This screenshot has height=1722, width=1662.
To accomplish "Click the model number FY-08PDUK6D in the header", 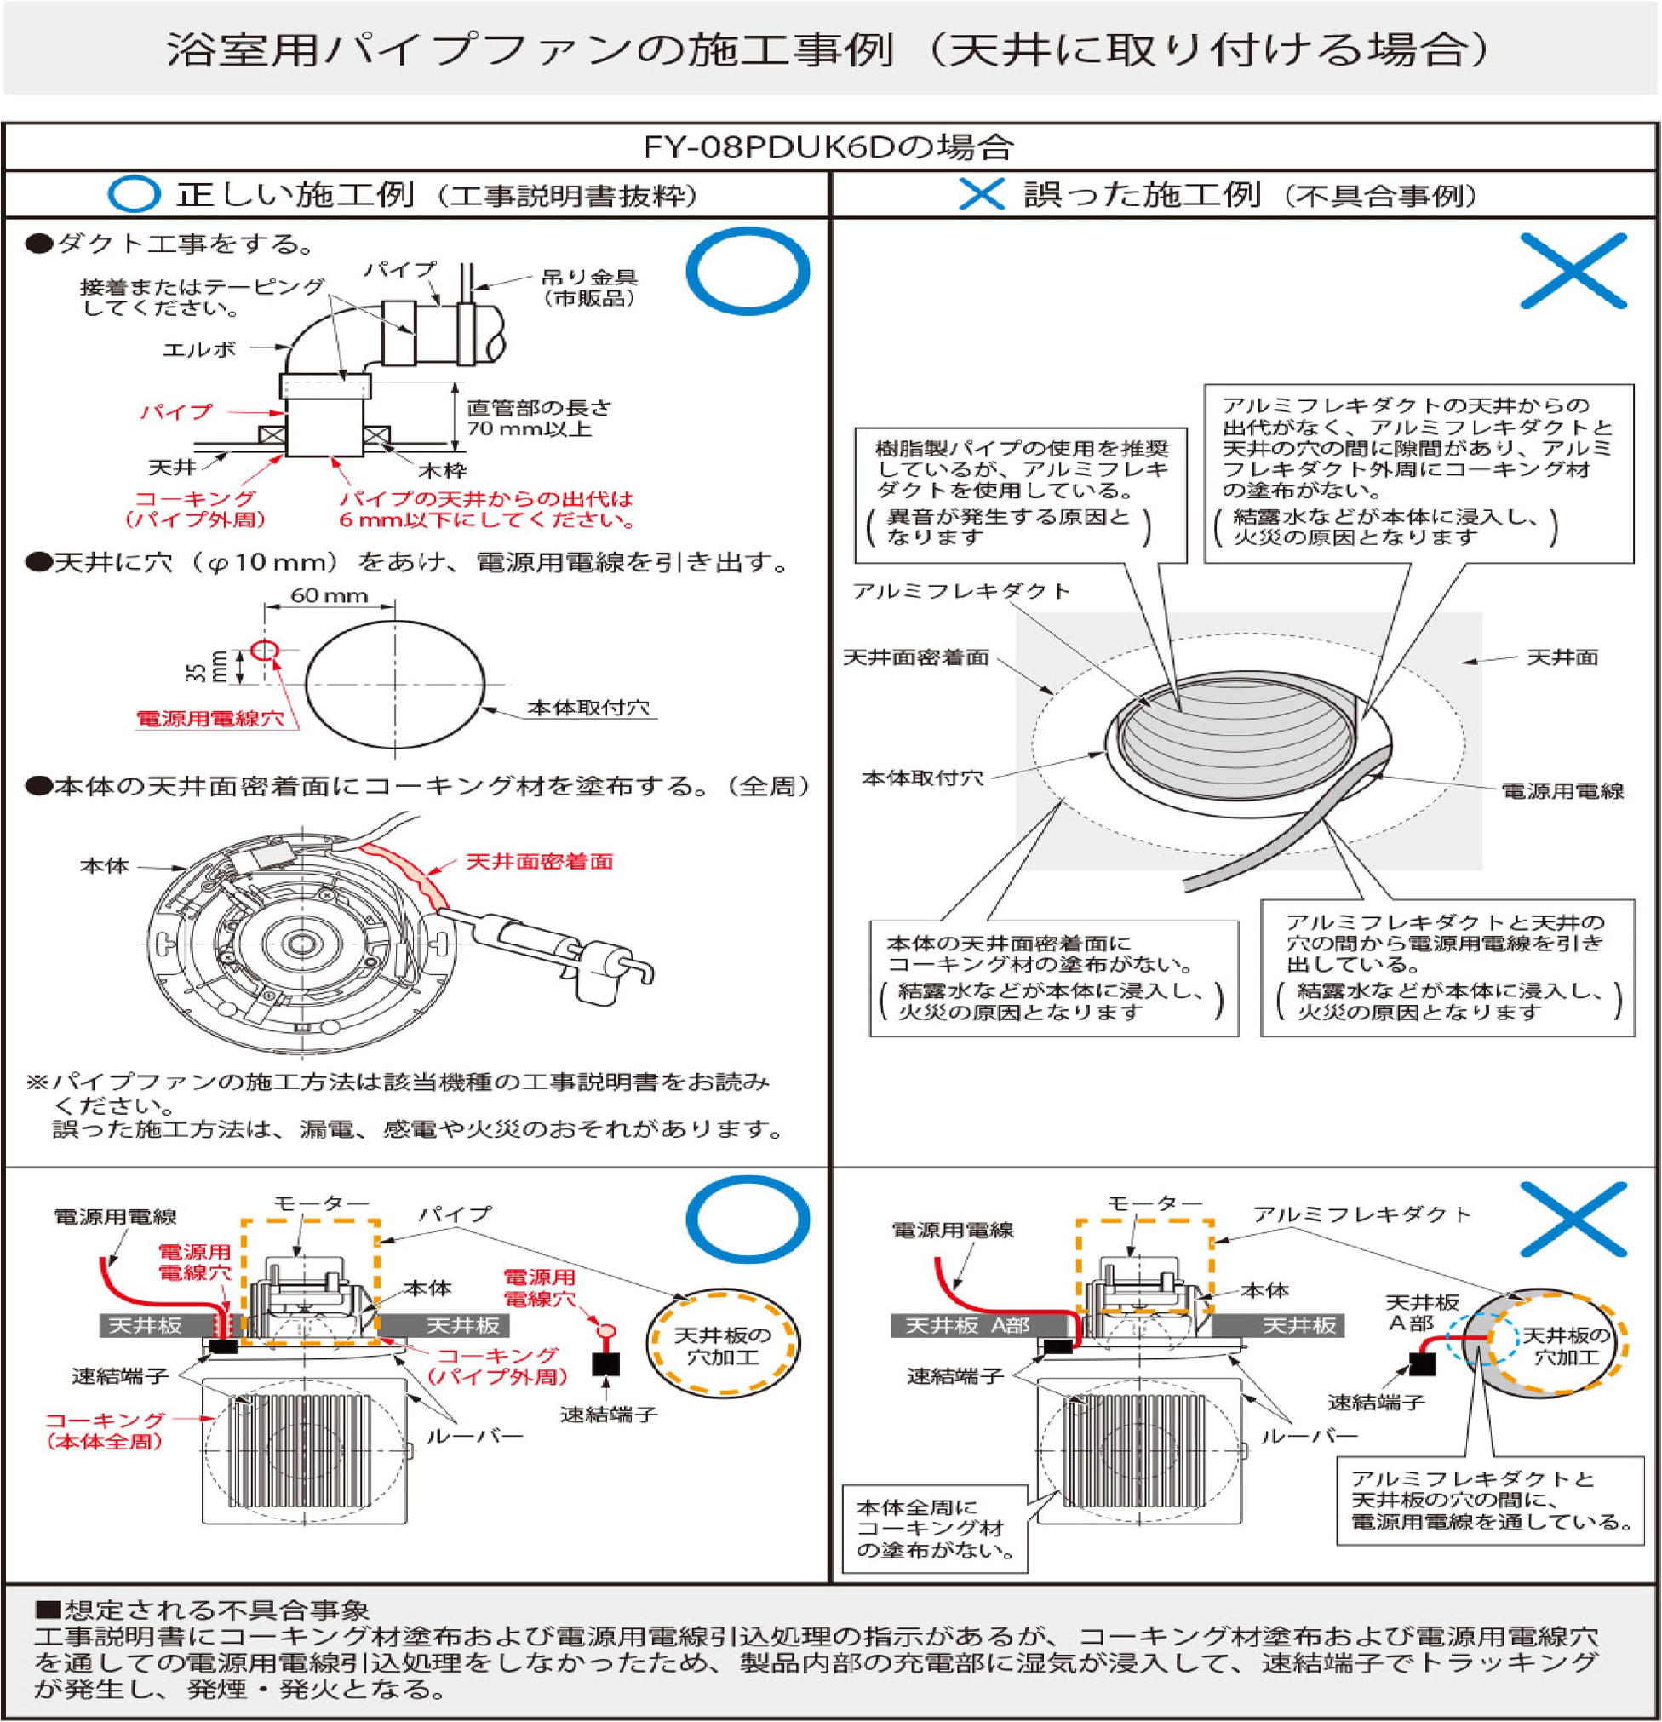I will [x=767, y=146].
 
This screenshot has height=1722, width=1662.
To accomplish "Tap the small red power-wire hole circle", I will [x=265, y=650].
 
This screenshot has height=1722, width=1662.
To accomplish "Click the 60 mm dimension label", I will [x=329, y=595].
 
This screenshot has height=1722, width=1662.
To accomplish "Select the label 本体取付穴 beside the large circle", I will [x=587, y=707].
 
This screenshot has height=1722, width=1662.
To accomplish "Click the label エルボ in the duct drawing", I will [x=199, y=350].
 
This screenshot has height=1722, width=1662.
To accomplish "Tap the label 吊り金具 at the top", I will [x=589, y=277].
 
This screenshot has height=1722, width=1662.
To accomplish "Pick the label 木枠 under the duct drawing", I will [x=442, y=470].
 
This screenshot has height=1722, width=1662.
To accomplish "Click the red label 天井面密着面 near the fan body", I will [x=538, y=861].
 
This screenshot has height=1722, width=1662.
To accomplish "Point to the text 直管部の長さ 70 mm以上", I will [x=538, y=418].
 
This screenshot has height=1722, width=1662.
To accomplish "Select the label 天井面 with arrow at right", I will [x=1562, y=657].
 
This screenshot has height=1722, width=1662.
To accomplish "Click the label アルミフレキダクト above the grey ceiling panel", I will [x=961, y=591].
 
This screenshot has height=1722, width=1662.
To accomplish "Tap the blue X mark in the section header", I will [x=981, y=194].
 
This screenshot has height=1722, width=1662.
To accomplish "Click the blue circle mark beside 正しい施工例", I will [x=134, y=194].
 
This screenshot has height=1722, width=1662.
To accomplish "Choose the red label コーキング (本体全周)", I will [x=106, y=1430].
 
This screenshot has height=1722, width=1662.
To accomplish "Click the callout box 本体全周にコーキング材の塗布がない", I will [x=935, y=1529].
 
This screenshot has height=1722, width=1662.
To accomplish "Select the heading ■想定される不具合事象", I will [x=202, y=1610].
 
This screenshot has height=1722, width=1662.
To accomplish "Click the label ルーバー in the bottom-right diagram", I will [x=1310, y=1436].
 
